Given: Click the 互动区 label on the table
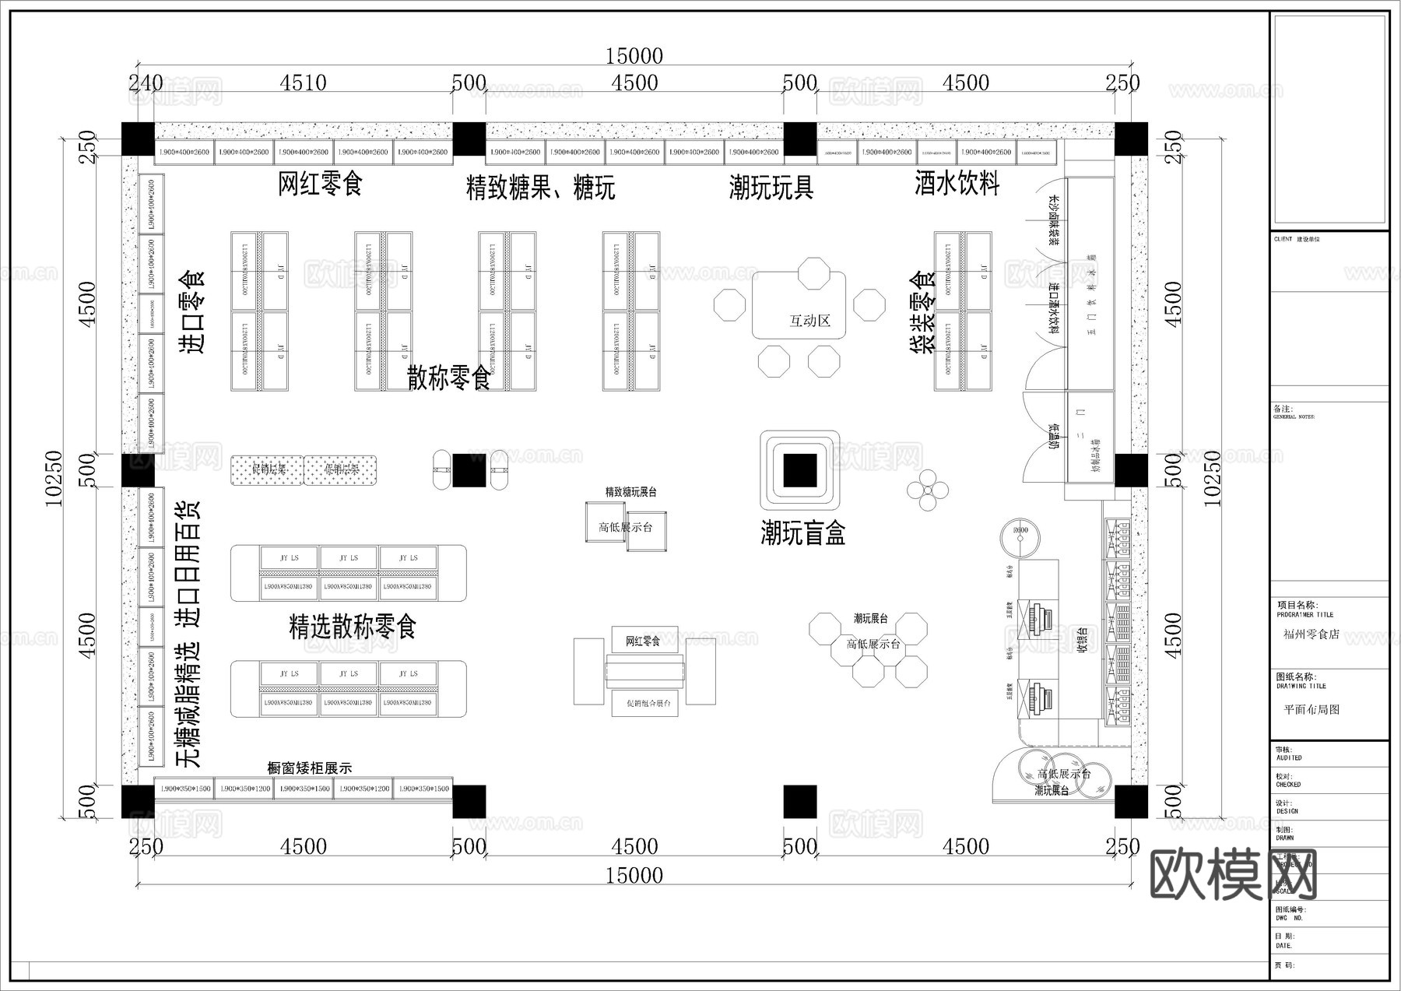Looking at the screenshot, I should (x=809, y=321).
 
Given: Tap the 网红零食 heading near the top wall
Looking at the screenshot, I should (x=321, y=184).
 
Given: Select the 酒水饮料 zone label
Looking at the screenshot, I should (x=957, y=184).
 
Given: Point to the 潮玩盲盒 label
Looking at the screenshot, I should (x=802, y=533).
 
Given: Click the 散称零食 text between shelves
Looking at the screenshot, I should (x=448, y=378).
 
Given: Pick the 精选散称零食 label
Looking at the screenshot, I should (x=353, y=627).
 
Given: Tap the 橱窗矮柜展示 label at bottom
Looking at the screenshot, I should (x=309, y=768).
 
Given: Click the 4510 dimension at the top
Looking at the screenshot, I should (x=303, y=83).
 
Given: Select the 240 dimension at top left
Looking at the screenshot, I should (x=146, y=83).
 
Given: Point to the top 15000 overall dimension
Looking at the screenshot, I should (x=634, y=56).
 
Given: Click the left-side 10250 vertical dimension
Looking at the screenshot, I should (x=54, y=478).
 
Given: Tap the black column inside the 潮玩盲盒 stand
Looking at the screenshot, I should (x=799, y=469).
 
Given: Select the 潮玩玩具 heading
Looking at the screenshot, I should (x=771, y=188).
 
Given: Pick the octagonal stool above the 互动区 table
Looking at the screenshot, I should (x=813, y=274).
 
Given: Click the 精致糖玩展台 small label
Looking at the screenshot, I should (x=630, y=492).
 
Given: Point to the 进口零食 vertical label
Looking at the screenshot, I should (x=192, y=311).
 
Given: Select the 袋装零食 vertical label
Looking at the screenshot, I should (x=923, y=311).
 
